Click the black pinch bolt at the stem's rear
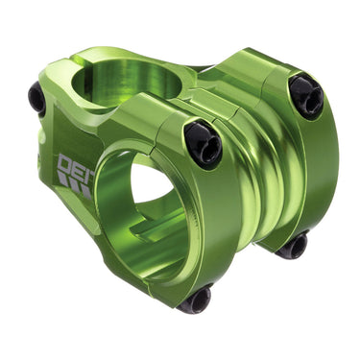click(37, 98)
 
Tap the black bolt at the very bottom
click(196, 300)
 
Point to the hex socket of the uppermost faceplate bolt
click(306, 96)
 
